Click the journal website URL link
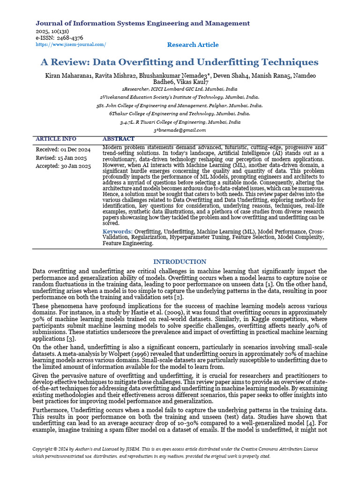[71, 45]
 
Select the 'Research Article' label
[193, 45]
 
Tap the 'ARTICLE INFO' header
[56, 139]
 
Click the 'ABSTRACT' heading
[118, 139]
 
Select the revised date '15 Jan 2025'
[71, 158]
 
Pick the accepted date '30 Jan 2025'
[75, 166]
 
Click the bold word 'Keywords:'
[118, 232]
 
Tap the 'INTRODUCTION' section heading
[180, 262]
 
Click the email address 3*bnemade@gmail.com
[180, 130]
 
